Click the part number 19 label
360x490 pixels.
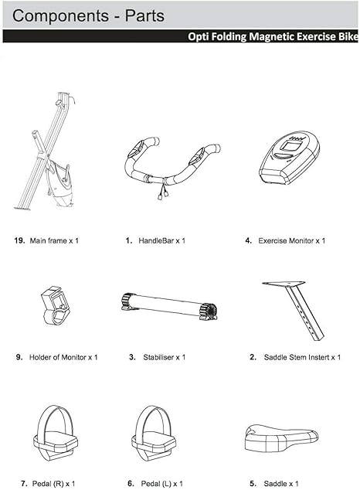coord(20,241)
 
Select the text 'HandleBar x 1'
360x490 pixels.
coord(161,241)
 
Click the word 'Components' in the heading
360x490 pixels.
coord(58,15)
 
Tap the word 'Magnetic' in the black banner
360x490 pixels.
coord(270,36)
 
